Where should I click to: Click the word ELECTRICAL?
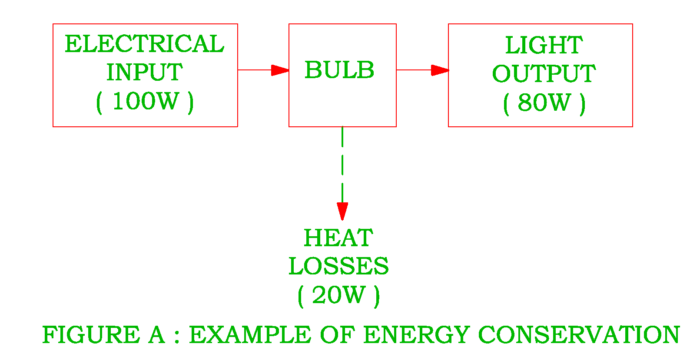[x=144, y=44]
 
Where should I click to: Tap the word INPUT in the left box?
[x=144, y=72]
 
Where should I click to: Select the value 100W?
[x=145, y=101]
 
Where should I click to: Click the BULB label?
[x=339, y=70]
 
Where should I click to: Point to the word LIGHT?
[x=544, y=46]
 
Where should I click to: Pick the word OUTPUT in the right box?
[x=544, y=74]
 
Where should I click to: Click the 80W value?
[x=544, y=103]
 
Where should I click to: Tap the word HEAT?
[x=338, y=238]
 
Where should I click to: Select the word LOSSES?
[x=338, y=266]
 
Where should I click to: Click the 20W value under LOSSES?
[x=338, y=295]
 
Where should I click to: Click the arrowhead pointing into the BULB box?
[x=280, y=70]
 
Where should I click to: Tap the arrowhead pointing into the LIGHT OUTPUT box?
[x=440, y=70]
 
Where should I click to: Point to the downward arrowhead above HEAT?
[x=342, y=211]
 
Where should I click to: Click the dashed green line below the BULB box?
[x=342, y=165]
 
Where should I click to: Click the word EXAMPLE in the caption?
[x=250, y=335]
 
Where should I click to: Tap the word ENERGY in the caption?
[x=416, y=335]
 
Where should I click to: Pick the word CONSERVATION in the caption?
[x=579, y=335]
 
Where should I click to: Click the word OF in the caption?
[x=337, y=335]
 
